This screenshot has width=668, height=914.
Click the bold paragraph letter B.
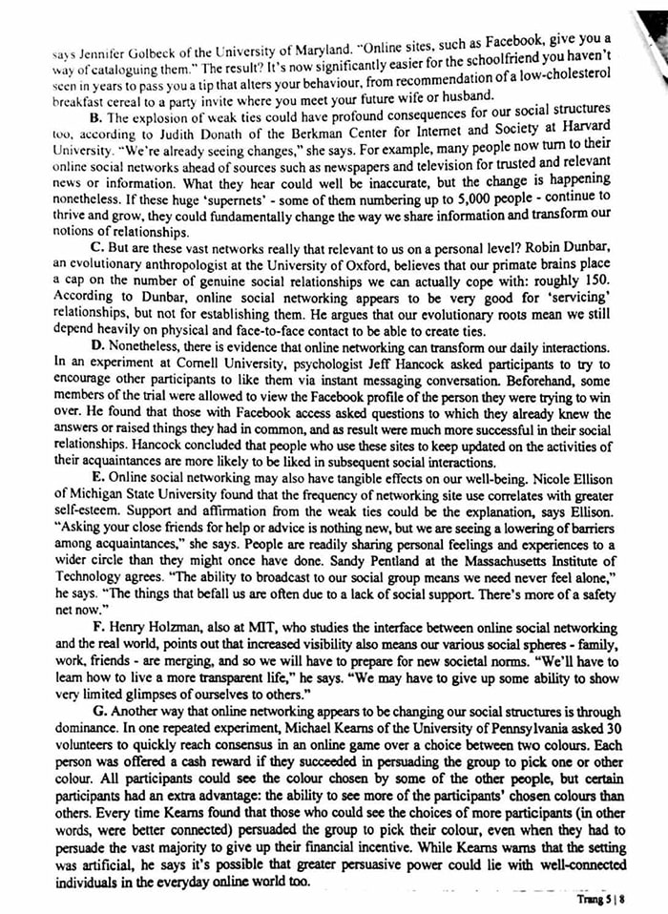[96, 117]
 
